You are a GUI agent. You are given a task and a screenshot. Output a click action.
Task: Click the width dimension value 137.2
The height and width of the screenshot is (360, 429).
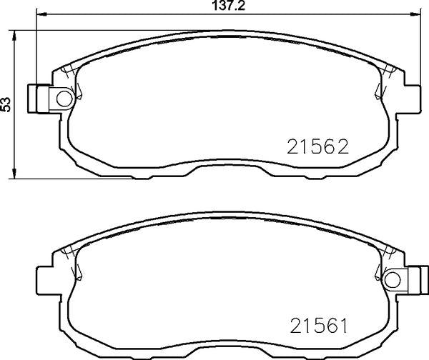click(229, 6)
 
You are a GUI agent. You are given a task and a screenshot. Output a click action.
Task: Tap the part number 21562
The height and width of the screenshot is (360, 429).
click(317, 146)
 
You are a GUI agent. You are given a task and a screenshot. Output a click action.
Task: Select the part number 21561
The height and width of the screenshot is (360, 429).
click(319, 325)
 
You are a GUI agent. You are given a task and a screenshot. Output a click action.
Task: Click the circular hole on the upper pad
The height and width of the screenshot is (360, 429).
click(64, 99)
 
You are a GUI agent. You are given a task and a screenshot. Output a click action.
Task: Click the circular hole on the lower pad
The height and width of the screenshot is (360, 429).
click(393, 280)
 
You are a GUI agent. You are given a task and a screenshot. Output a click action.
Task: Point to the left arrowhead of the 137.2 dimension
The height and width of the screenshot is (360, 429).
click(41, 14)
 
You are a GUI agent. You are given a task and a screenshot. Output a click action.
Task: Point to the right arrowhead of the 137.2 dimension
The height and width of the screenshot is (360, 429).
click(415, 14)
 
